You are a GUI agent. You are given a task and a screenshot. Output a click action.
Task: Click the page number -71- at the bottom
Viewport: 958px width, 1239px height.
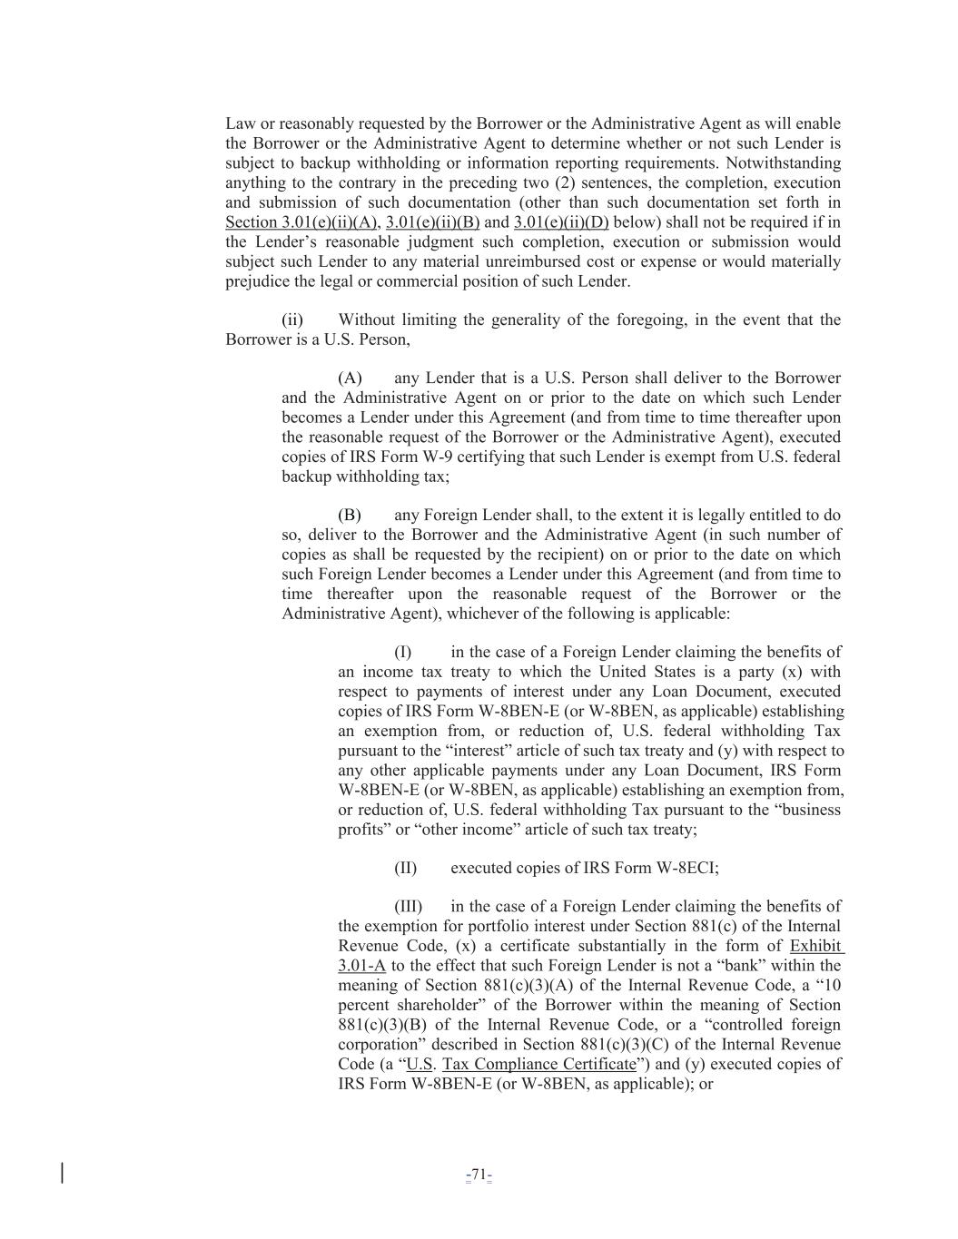pos(479,1176)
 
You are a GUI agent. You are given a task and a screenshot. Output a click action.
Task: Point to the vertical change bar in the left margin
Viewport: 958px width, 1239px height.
pos(62,1173)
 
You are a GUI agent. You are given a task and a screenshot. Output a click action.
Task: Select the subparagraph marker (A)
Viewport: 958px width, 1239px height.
pos(350,379)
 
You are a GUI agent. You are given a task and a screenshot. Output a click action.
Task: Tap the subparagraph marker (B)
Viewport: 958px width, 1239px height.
pos(350,516)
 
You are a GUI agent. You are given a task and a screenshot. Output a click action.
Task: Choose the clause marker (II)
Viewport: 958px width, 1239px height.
pos(405,869)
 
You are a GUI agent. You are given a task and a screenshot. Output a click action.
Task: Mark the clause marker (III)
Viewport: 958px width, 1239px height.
pos(408,907)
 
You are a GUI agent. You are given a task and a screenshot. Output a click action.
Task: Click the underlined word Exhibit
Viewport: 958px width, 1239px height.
pos(815,946)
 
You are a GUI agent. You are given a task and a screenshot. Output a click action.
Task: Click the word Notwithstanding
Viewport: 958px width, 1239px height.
pos(782,164)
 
